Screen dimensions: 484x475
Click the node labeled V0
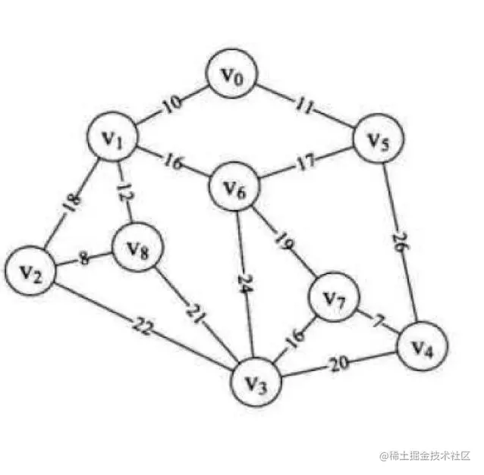[x=232, y=73]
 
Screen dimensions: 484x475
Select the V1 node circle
[x=112, y=136]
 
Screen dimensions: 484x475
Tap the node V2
[x=30, y=271]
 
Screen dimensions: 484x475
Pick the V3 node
[x=256, y=382]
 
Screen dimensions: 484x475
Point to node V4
[x=423, y=346]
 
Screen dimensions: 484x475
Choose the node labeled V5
[x=379, y=139]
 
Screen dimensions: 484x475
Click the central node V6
[x=234, y=186]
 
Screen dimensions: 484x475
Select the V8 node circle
[x=137, y=247]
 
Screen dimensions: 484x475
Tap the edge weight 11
[x=304, y=106]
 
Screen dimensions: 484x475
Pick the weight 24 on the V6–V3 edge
[x=246, y=283]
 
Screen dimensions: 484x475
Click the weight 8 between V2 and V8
[x=83, y=258]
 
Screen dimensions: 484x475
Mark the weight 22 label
[x=142, y=327]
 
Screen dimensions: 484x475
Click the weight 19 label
[x=284, y=242]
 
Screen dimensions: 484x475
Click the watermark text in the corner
[x=425, y=455]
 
